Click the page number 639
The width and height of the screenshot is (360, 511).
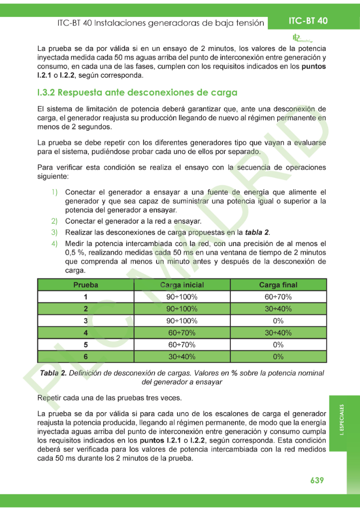click(317, 480)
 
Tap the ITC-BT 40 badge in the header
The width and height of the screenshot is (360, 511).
click(308, 21)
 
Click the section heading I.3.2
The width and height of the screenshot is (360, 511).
click(137, 93)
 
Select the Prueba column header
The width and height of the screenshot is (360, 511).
click(86, 285)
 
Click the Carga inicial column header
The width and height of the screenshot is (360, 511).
click(181, 285)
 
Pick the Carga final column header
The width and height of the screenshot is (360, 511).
click(278, 285)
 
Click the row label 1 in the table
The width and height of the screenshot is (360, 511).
click(86, 297)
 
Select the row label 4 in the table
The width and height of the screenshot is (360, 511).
click(86, 332)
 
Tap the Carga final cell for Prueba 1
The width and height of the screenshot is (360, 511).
click(278, 297)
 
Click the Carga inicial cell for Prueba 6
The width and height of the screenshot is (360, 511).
click(181, 356)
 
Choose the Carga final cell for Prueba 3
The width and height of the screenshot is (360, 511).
click(278, 320)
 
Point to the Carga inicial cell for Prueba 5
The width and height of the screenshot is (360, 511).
click(181, 344)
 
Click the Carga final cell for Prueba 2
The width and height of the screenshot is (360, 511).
click(278, 309)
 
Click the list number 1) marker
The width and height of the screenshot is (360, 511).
click(54, 192)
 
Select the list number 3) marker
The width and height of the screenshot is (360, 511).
click(54, 233)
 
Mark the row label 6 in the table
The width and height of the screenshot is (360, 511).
click(86, 356)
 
